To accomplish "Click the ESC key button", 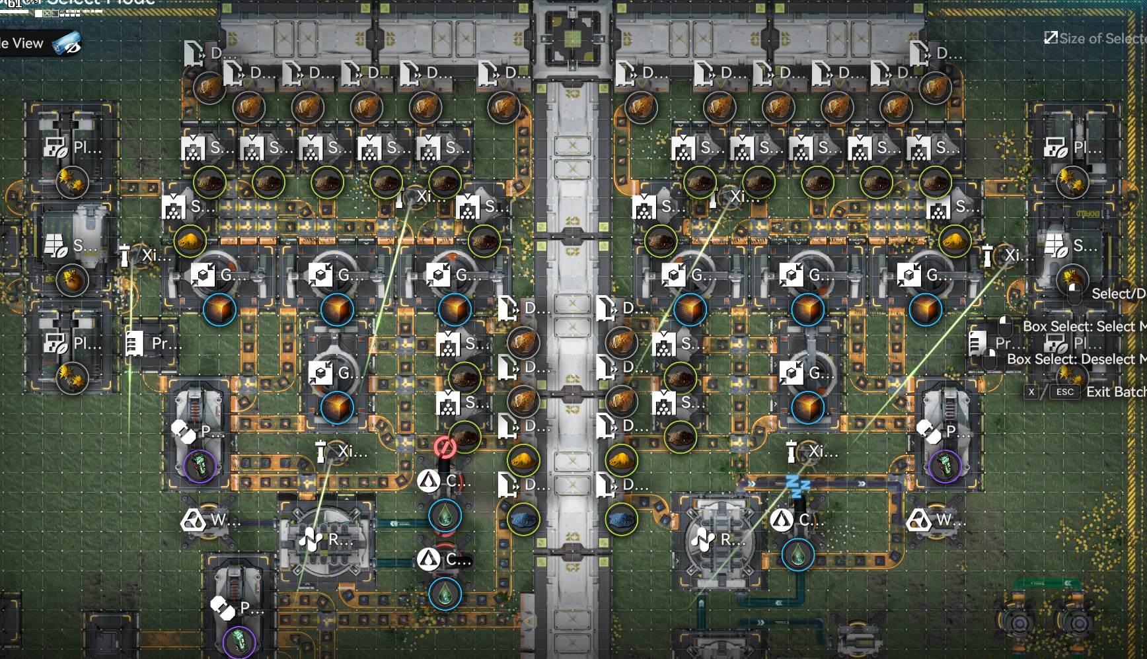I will (1065, 392).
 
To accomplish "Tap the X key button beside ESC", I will (1031, 392).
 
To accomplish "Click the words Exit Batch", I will (1116, 392).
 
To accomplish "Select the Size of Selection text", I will (1102, 38).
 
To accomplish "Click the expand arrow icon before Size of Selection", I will (1051, 38).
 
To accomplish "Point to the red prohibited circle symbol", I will (445, 448).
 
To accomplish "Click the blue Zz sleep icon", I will (797, 487).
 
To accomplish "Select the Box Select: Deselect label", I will (1076, 359).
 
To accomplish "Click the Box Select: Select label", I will (1084, 326).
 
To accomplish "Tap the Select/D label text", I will (1118, 293).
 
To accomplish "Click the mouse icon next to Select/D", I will (1074, 293).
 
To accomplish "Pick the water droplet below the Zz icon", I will (797, 555).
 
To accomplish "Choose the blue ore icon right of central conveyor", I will (621, 519).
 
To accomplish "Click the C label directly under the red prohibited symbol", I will (453, 481).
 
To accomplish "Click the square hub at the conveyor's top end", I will (572, 38).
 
